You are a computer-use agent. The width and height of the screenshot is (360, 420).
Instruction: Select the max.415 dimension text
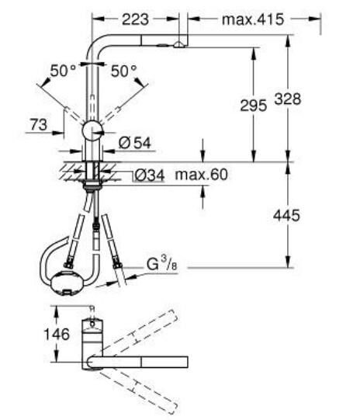(253, 17)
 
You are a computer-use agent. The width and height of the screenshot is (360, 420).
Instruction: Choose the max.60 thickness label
(201, 175)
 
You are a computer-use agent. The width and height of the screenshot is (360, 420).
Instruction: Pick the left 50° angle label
(62, 71)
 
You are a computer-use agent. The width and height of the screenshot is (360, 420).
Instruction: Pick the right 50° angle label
(123, 71)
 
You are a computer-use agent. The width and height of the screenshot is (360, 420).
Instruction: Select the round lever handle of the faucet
(92, 129)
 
